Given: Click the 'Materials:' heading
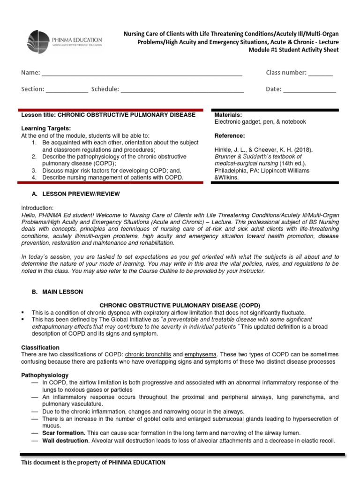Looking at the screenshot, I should coord(228,115).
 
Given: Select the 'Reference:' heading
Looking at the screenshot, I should coord(229,136).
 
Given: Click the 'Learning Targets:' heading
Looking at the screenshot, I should coord(46,128).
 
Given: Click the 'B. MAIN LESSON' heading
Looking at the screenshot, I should coord(57,292).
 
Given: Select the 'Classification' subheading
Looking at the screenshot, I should coord(40,347).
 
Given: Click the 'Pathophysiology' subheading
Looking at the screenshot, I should coord(45,375).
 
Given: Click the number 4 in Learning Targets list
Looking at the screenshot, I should coord(34,178).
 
